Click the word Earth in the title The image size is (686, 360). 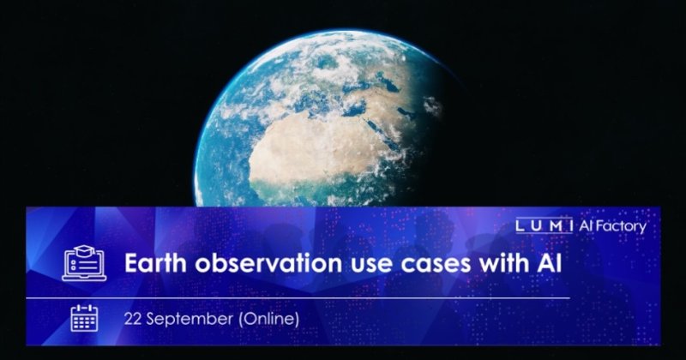pyautogui.click(x=156, y=262)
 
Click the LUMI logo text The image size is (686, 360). pyautogui.click(x=544, y=225)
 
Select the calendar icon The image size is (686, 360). pyautogui.click(x=84, y=318)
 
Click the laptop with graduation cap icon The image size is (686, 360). pyautogui.click(x=84, y=263)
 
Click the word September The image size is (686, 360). pyautogui.click(x=189, y=320)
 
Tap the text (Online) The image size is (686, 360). pyautogui.click(x=268, y=319)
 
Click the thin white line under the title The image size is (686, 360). pyautogui.click(x=298, y=298)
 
